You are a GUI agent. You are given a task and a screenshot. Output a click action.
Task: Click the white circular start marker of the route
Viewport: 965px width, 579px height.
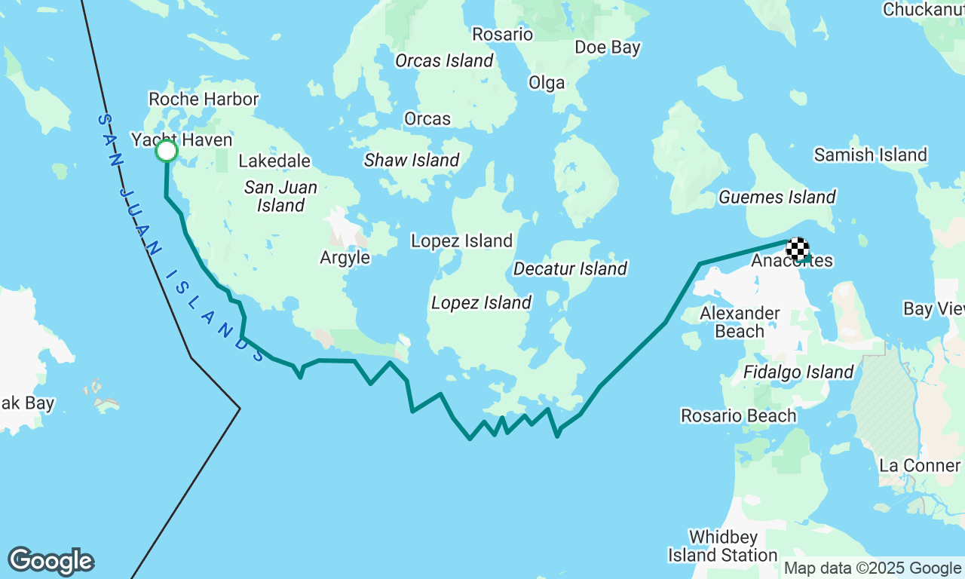(167, 152)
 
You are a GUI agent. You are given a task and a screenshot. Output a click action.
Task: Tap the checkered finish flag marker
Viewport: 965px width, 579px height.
(798, 248)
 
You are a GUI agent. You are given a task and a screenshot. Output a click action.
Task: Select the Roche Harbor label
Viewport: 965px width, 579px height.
(204, 100)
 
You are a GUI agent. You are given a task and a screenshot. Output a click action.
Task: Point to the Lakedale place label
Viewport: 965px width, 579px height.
(274, 161)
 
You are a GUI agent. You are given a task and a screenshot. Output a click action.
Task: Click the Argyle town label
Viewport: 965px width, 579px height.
(345, 258)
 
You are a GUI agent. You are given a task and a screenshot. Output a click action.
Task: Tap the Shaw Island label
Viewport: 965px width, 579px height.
(412, 161)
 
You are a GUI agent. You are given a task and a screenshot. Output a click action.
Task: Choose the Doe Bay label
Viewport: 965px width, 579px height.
(607, 47)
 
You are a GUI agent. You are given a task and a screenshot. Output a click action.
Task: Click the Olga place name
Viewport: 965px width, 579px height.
(547, 83)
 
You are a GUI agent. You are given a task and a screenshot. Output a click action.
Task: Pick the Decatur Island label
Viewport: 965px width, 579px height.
(570, 269)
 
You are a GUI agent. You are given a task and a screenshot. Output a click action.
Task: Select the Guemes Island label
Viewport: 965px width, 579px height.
(777, 198)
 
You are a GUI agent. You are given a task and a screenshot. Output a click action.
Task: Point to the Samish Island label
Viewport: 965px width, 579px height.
(870, 155)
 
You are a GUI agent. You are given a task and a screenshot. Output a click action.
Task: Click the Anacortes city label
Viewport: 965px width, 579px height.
(792, 262)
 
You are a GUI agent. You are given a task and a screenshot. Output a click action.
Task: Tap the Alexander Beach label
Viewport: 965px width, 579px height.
(740, 322)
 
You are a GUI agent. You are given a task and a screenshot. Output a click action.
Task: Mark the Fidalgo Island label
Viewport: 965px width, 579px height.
(798, 372)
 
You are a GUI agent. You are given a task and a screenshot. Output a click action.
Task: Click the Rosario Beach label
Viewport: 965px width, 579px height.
(738, 416)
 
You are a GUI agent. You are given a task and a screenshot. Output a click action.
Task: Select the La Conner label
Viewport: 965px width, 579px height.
(920, 465)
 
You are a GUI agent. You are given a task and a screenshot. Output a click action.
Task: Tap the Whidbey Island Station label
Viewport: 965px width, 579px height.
(723, 547)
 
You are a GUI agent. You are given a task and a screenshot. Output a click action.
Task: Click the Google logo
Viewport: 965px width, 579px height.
(51, 561)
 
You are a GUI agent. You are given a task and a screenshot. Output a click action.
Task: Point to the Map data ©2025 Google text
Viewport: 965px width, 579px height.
(872, 568)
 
